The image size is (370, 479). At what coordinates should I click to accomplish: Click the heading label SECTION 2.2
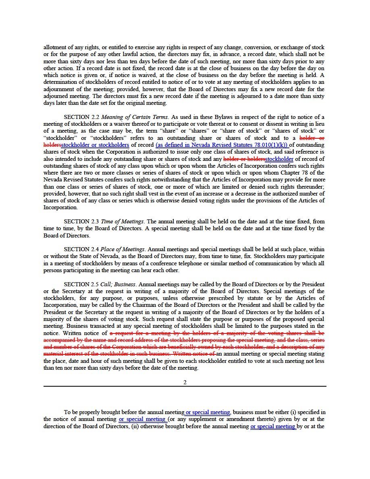click(81, 117)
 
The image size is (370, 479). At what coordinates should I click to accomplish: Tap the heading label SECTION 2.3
click(81, 221)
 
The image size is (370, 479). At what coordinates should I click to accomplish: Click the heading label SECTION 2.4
click(81, 249)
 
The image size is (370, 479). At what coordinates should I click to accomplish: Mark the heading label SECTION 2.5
click(81, 284)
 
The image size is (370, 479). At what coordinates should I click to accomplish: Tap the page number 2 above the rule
click(185, 382)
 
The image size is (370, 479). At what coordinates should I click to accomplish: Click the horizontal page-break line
click(185, 386)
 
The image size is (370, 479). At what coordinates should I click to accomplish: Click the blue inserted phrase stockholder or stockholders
click(95, 145)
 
